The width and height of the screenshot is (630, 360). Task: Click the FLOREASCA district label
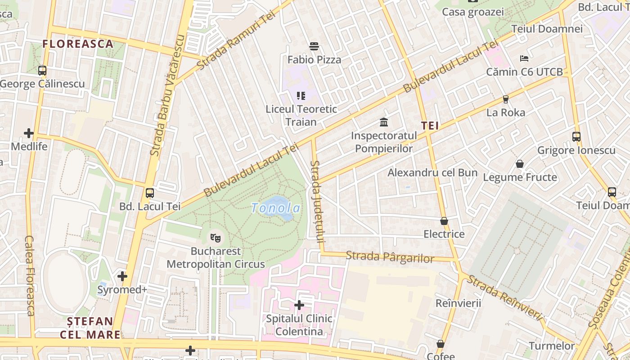tap(77, 44)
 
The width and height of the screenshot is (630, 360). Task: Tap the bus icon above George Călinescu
tap(42, 71)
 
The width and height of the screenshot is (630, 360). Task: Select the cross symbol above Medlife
tap(29, 133)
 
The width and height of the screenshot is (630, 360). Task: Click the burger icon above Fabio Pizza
tap(314, 46)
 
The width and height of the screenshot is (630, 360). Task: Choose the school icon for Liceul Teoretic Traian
tap(301, 96)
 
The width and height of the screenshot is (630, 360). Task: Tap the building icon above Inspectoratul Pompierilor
tap(384, 122)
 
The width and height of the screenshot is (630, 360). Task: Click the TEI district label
tap(430, 126)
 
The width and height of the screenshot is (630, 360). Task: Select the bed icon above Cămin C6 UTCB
tap(524, 58)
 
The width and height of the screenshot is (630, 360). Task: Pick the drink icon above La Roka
tap(505, 99)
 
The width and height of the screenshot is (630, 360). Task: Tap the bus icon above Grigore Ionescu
tap(576, 137)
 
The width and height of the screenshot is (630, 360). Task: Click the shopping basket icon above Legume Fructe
tap(520, 164)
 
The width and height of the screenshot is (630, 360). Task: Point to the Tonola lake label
tap(275, 208)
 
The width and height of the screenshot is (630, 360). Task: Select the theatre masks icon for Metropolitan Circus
tap(216, 238)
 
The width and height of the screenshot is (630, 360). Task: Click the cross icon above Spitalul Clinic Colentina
tap(299, 306)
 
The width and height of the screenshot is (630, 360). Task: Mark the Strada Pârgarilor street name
tap(390, 257)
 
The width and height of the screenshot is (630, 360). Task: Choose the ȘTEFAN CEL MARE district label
tap(90, 328)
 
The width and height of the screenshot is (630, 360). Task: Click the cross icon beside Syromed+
tap(122, 276)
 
